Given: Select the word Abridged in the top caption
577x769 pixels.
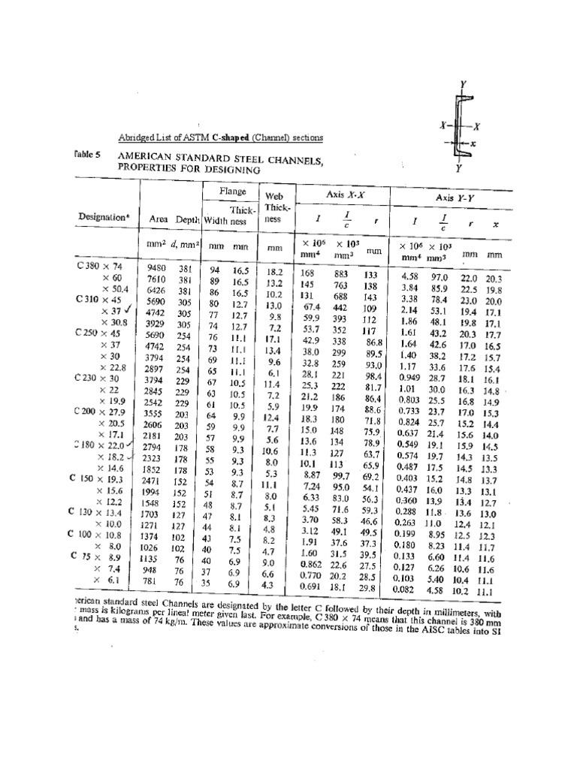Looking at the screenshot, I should pyautogui.click(x=135, y=137).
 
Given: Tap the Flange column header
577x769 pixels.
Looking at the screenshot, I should pyautogui.click(x=232, y=192).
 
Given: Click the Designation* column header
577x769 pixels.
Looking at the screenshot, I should pyautogui.click(x=104, y=217).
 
